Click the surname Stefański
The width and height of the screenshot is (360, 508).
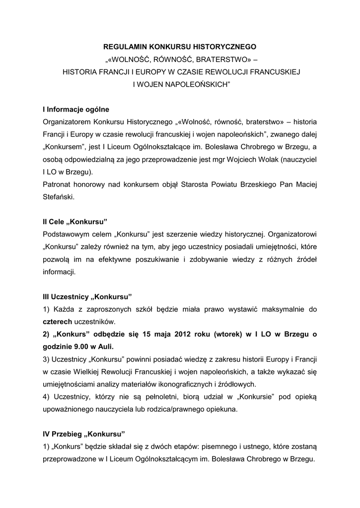[x=59, y=197]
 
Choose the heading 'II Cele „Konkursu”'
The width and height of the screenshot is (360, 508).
[x=75, y=222]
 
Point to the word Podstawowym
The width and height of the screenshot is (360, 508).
[x=69, y=234]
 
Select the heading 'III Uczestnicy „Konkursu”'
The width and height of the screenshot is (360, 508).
[x=87, y=297]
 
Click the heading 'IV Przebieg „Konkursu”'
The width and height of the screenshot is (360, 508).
[x=83, y=434]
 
